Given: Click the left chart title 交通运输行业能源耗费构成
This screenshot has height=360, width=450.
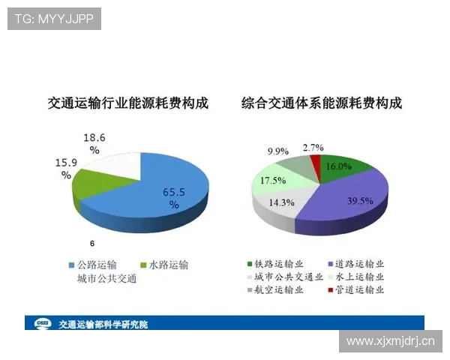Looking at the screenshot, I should pyautogui.click(x=127, y=103).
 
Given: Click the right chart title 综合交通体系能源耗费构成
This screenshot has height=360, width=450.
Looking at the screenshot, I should pyautogui.click(x=322, y=103).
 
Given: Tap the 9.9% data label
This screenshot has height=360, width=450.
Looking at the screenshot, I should pyautogui.click(x=278, y=151).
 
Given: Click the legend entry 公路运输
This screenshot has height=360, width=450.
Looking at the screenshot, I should pyautogui.click(x=97, y=265).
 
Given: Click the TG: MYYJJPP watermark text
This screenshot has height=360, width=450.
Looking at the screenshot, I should pyautogui.click(x=54, y=18).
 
